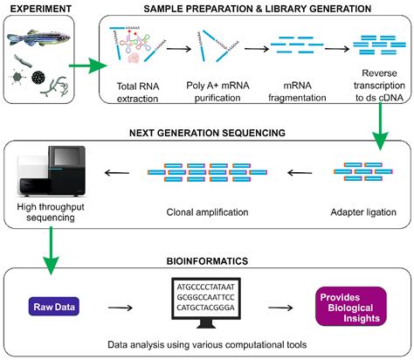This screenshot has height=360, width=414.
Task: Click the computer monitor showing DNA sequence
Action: click(203, 308)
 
